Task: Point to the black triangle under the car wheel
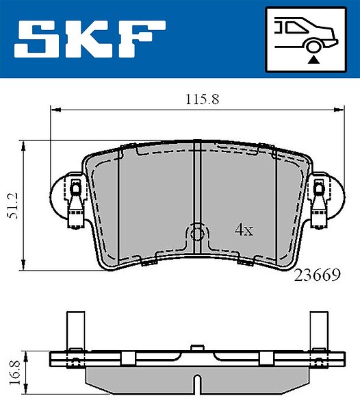[x=313, y=60]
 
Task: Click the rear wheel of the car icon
[x=313, y=47]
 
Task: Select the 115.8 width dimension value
[x=202, y=99]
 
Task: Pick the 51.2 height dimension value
[x=13, y=206]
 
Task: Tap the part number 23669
[x=318, y=275]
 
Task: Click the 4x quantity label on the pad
[x=244, y=230]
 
